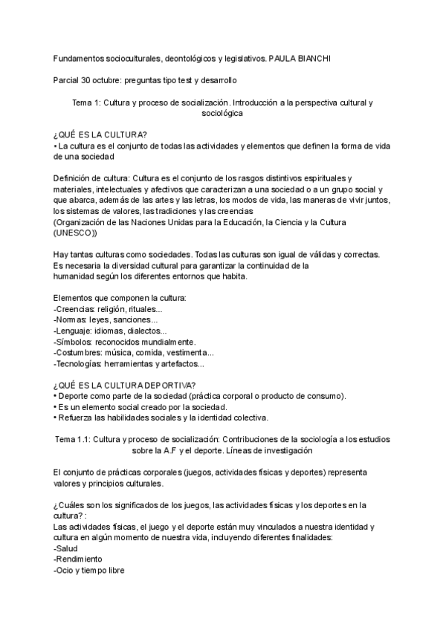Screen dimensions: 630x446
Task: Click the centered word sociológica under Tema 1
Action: pos(222,114)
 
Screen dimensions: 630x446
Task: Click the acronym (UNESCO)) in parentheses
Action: pos(75,233)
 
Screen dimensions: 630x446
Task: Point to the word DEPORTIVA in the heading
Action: pos(168,385)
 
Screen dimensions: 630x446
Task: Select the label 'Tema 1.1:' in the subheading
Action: pos(72,439)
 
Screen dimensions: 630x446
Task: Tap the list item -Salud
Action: pos(68,548)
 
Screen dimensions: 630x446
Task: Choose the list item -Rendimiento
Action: pos(79,559)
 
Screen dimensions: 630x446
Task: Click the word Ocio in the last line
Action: pos(65,570)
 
